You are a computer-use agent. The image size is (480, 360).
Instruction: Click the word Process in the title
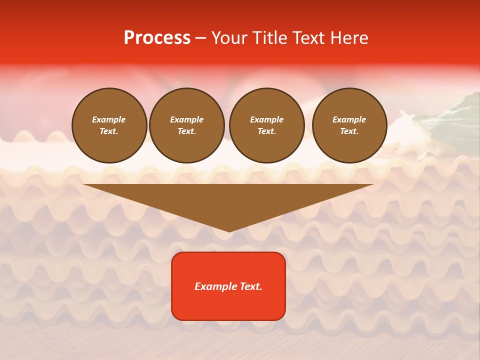click(x=157, y=38)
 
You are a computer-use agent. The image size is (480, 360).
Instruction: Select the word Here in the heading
click(x=348, y=38)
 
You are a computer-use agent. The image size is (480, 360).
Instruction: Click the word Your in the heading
click(x=228, y=38)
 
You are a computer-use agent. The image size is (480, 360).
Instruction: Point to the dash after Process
click(x=200, y=38)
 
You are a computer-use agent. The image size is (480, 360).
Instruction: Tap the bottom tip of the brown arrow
click(x=229, y=231)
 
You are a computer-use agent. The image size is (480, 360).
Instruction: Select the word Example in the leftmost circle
click(x=109, y=119)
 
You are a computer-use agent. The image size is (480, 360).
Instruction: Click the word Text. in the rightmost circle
click(x=349, y=131)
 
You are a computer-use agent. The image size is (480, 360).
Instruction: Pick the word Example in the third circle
click(x=266, y=119)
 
